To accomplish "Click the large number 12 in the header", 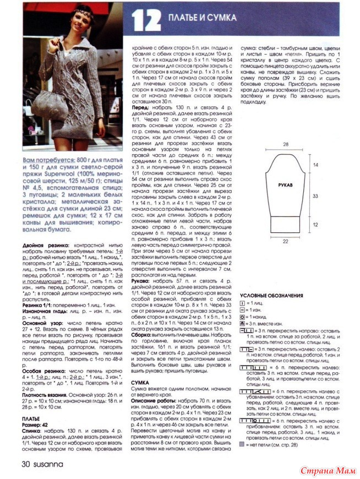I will point(146,21).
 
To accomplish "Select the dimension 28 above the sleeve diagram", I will point(286,144).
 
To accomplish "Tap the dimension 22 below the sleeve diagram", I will point(286,241).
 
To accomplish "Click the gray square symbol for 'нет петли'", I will point(243,443).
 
